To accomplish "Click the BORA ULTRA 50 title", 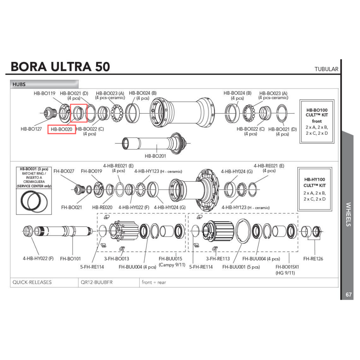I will pos(60,67).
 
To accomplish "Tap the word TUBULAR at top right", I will pos(326,69).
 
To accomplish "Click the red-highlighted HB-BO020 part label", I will pos(62,129).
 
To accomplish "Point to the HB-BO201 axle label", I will pos(156,156).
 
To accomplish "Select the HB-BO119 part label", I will pos(45,93).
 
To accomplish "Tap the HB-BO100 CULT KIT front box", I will pos(317,121).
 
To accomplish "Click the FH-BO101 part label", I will pos(70,258).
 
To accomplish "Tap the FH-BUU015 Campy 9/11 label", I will pos(171,261).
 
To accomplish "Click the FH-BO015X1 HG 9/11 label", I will pos(287,270).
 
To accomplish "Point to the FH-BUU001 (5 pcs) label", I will pos(241,267).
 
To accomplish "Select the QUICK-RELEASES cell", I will pos(32,282).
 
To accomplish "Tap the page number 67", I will pos(348,294).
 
